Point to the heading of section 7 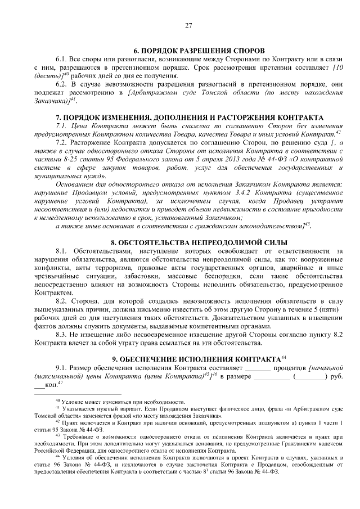pyautogui.click(x=188, y=116)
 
